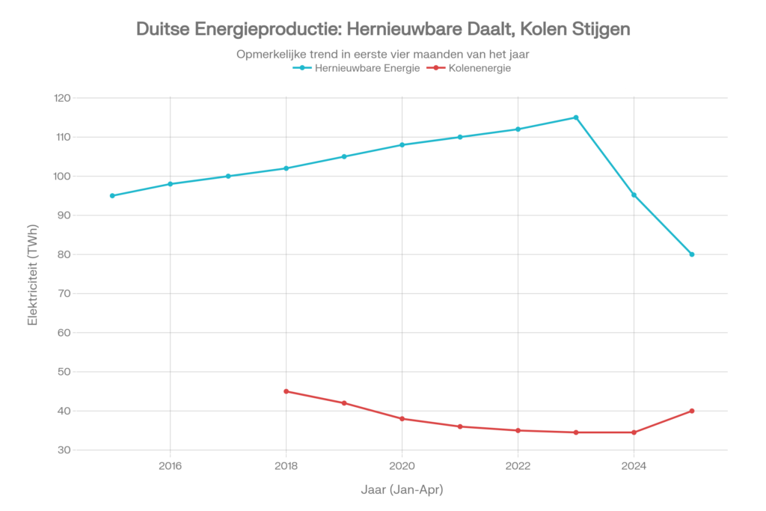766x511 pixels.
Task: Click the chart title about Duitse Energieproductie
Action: [x=383, y=29]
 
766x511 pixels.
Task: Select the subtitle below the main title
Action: [x=383, y=54]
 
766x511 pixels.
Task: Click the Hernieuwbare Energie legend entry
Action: [x=357, y=68]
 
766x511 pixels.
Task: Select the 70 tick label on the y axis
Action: [x=64, y=293]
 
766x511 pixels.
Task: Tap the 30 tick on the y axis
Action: [x=64, y=450]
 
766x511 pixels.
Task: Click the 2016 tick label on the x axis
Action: [x=171, y=464]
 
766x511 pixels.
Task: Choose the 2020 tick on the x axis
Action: [x=402, y=464]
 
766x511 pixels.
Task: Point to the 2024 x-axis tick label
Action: [x=634, y=464]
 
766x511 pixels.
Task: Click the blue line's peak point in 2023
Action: [x=576, y=117]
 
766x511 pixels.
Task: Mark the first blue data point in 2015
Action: [x=112, y=195]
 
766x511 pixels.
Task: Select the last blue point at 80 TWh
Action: [x=692, y=254]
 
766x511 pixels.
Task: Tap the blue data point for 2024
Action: [x=634, y=195]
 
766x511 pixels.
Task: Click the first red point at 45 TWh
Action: [x=286, y=391]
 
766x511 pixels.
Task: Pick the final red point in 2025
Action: [x=692, y=411]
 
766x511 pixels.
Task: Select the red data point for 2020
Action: [x=402, y=418]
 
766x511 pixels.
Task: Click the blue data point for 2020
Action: [x=402, y=144]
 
